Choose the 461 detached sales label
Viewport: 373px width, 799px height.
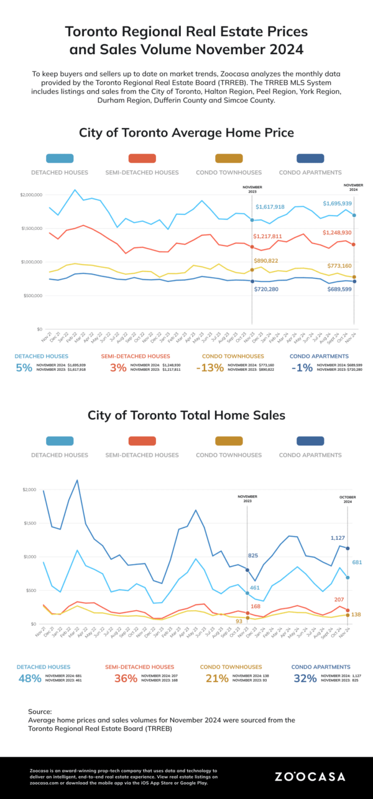tap(254, 587)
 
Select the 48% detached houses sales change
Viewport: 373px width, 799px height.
tap(30, 678)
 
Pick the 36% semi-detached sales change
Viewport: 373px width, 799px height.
tap(126, 678)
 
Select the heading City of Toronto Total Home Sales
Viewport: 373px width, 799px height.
tap(186, 415)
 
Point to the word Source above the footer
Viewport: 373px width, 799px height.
tap(40, 711)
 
